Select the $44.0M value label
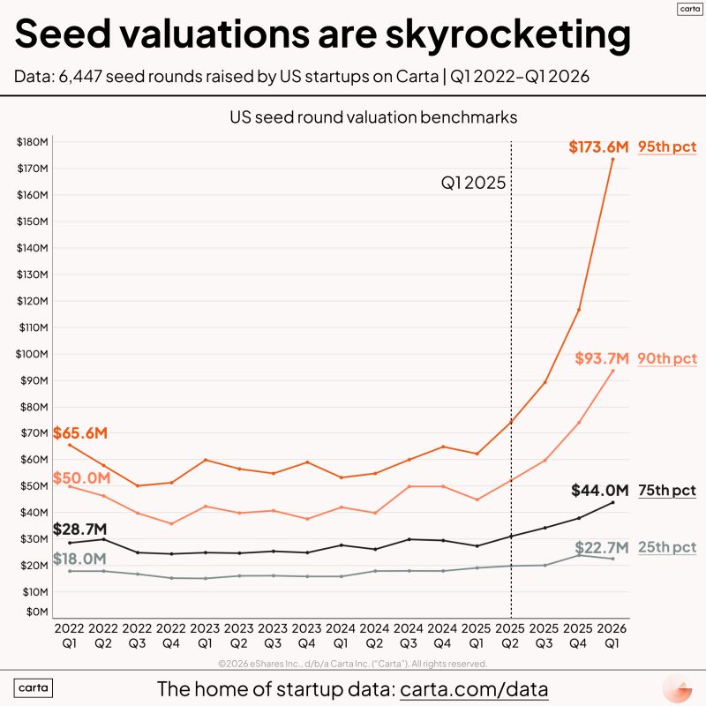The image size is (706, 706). (599, 490)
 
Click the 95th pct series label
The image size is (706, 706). (668, 147)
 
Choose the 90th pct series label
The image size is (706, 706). (668, 359)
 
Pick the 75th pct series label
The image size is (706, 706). (668, 491)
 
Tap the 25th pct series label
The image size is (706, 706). (668, 547)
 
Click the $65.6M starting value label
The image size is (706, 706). (80, 433)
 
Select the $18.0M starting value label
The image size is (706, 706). (80, 558)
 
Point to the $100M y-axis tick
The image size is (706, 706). (31, 354)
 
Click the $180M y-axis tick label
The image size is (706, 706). (31, 142)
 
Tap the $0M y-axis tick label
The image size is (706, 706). (34, 611)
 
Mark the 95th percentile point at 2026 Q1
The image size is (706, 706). (612, 159)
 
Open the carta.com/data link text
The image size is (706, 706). (475, 688)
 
